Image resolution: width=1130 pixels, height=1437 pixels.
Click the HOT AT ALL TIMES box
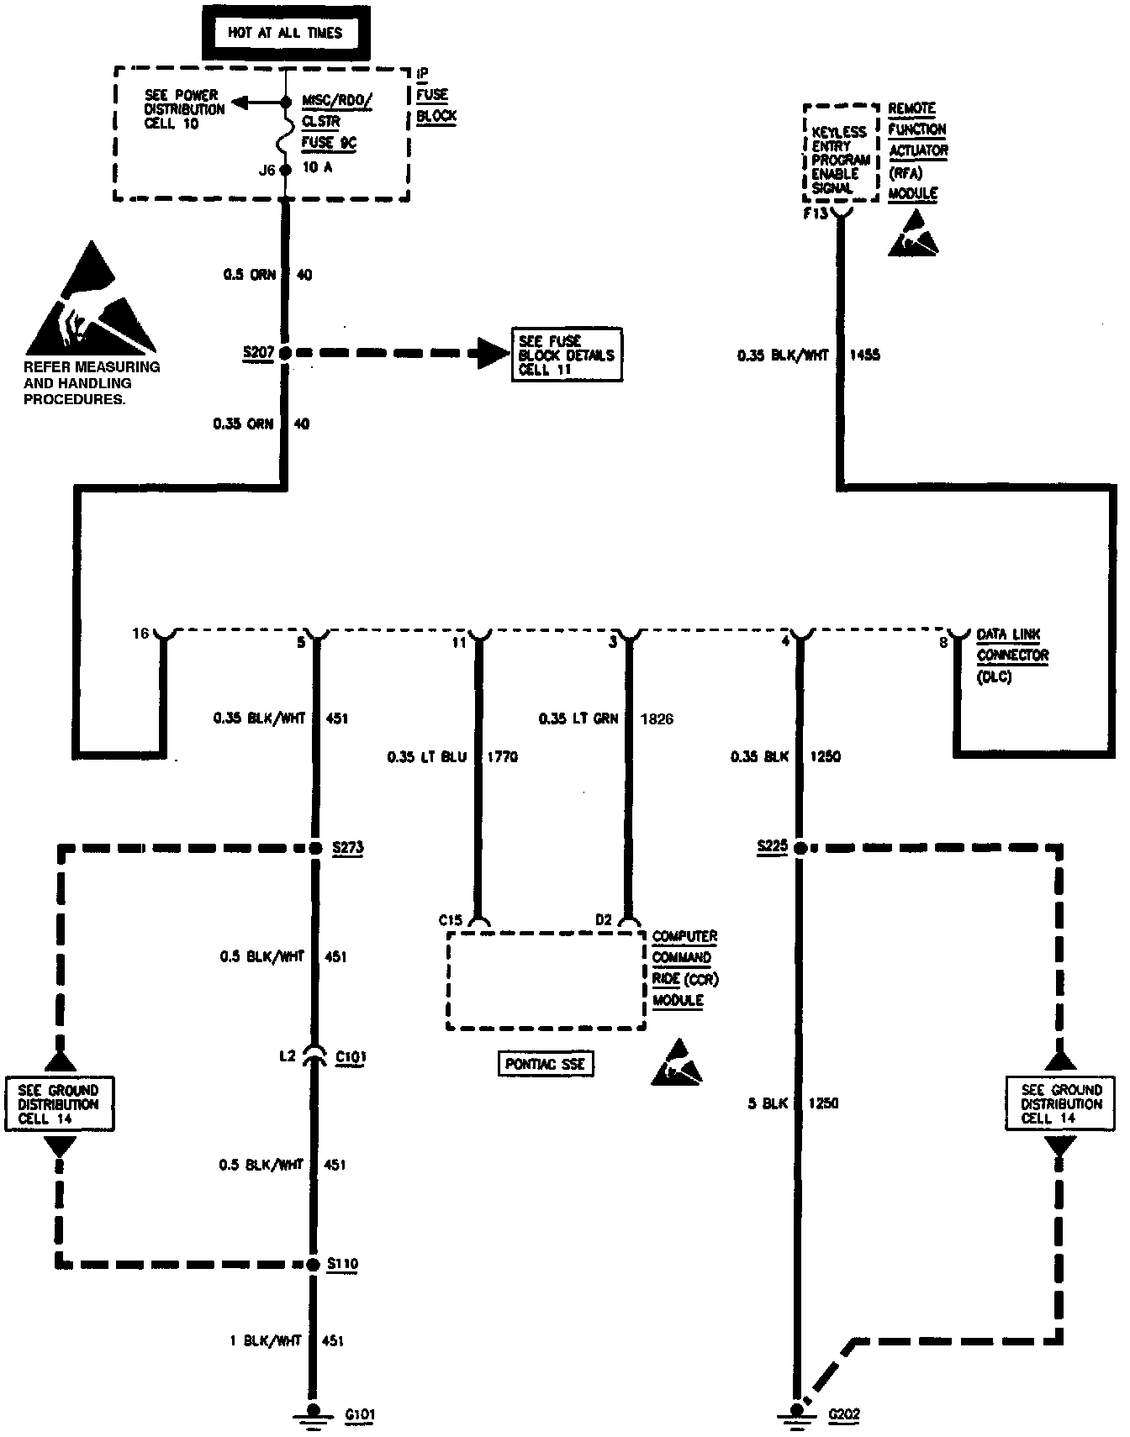tap(285, 34)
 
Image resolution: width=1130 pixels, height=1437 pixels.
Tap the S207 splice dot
tap(285, 354)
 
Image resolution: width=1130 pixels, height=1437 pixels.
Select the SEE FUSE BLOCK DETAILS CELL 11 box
tap(567, 355)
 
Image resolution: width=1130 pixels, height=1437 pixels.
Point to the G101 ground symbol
tap(314, 1413)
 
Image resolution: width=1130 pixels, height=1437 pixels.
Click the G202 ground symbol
tap(794, 1413)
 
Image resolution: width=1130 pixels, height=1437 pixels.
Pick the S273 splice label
tap(348, 847)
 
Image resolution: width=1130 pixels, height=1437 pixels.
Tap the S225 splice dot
tap(800, 848)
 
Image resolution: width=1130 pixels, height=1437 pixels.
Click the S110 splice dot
tap(313, 1264)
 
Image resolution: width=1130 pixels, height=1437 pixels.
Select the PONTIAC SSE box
tap(546, 1064)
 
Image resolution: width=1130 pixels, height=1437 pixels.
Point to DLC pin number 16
tap(140, 633)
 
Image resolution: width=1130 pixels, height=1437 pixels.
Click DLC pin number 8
tap(943, 643)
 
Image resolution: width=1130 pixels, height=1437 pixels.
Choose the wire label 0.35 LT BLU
tap(427, 757)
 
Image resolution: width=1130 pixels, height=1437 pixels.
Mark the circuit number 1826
tap(657, 718)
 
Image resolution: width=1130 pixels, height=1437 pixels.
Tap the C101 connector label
tap(351, 1056)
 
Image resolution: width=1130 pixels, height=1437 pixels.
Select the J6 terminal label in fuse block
tap(267, 170)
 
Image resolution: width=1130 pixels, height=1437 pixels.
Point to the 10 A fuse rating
tap(317, 167)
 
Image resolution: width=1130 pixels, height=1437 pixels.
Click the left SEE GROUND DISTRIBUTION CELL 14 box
tap(59, 1104)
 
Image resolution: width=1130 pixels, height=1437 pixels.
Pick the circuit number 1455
tap(865, 355)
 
